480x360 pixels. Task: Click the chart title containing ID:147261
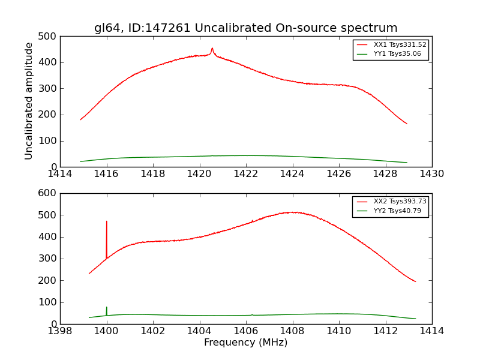[245, 28]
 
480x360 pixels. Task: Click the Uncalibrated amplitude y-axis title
[29, 101]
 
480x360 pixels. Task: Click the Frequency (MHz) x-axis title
[245, 343]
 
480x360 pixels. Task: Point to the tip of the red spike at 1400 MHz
[107, 221]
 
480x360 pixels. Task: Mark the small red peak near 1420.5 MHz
[212, 49]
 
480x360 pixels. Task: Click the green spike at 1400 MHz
[107, 308]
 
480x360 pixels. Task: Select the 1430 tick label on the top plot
[431, 174]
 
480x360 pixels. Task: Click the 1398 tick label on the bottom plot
[60, 331]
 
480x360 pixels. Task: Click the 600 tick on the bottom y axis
[48, 193]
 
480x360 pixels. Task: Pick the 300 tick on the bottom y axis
[48, 259]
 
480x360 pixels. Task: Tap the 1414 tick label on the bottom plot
[431, 331]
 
